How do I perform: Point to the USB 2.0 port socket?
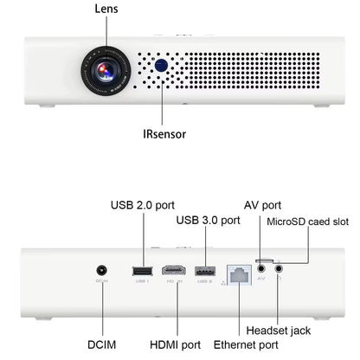(140, 272)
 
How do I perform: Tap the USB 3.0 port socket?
(204, 272)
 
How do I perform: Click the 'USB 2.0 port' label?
(143, 205)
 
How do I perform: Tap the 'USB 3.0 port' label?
(208, 221)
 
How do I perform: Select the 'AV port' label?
(262, 205)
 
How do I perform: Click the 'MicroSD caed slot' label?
(309, 222)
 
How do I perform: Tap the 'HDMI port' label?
(176, 344)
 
